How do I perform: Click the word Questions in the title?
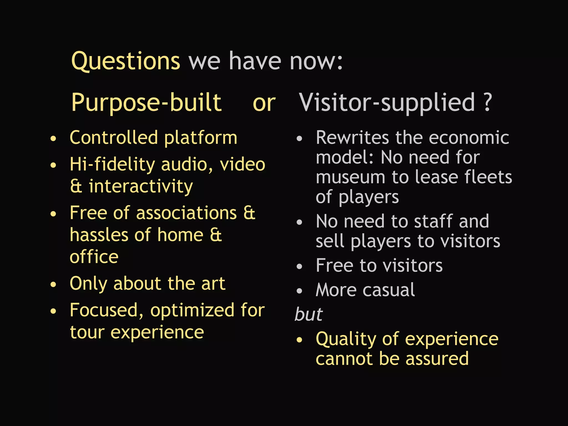click(126, 62)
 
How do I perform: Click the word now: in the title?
click(316, 62)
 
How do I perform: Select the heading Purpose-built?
click(146, 103)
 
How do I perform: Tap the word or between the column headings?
click(264, 103)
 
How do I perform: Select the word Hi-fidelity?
click(112, 164)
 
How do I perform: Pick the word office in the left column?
click(94, 257)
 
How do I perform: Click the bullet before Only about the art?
click(53, 285)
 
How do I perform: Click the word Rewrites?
click(352, 138)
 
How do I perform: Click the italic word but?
click(309, 314)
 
